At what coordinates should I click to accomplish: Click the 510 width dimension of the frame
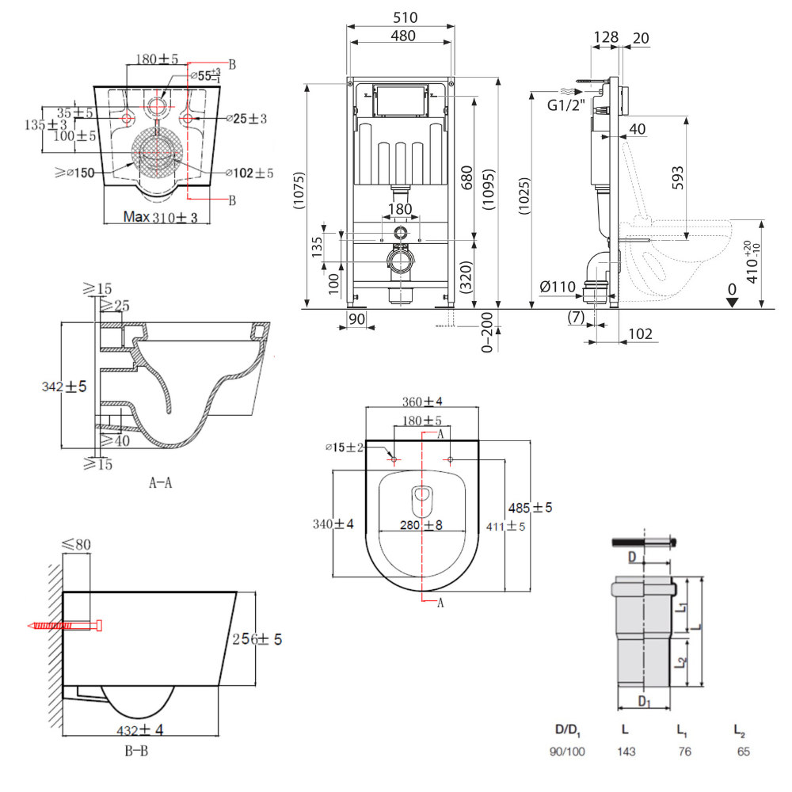tap(401, 17)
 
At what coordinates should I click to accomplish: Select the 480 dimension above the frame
tap(401, 35)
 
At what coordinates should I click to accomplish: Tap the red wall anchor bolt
tap(67, 626)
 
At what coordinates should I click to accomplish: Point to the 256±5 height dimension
tap(257, 639)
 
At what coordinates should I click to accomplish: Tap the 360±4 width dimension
tap(423, 402)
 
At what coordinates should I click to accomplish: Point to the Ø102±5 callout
tap(249, 173)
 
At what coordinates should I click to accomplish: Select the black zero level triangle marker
tap(733, 300)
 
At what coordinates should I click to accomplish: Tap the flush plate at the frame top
tap(401, 101)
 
